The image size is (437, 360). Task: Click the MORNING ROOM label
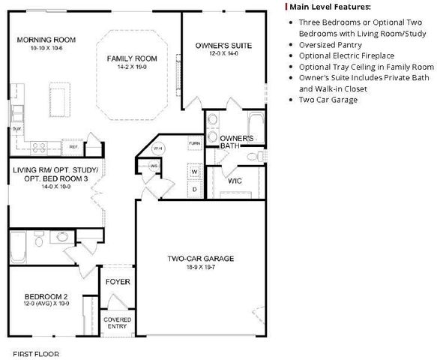pos(46,39)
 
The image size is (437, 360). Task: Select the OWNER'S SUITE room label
pos(223,46)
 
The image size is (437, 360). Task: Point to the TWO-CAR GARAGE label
pos(200,259)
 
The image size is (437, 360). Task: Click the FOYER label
pos(118,282)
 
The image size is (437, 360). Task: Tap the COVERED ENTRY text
pos(118,322)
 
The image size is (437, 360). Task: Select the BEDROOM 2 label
pos(46,295)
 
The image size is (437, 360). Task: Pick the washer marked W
pos(193,172)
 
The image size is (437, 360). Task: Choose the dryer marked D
pos(193,189)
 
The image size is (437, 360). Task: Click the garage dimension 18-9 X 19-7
pos(200,267)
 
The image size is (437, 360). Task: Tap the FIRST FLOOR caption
pos(36,352)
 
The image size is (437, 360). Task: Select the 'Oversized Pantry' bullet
pos(329,45)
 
